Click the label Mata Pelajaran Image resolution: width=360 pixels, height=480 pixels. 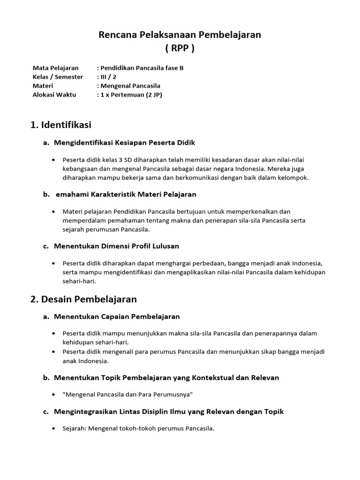[x=56, y=68]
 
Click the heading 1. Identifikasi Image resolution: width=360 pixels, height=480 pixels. [x=60, y=125]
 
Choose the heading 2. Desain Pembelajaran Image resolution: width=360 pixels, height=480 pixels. [x=83, y=299]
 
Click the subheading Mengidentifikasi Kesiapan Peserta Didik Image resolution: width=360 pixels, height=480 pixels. [x=124, y=142]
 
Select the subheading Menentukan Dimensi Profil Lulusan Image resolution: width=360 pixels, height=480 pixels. [x=116, y=246]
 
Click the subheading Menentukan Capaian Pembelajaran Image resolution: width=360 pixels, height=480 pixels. [x=117, y=317]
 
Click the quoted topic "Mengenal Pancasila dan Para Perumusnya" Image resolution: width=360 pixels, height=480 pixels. [x=127, y=395]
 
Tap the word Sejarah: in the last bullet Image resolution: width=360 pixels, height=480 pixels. [x=75, y=428]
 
